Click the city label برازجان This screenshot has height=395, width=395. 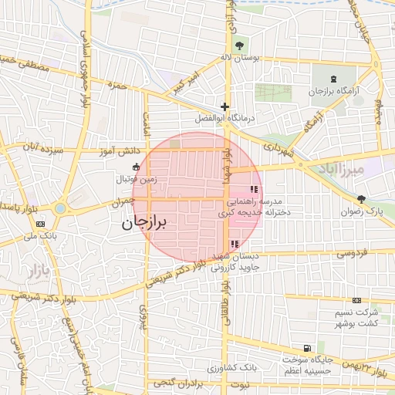point(144,224)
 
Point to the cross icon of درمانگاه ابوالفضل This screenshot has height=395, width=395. point(225,106)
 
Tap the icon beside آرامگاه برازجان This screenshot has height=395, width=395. point(333,79)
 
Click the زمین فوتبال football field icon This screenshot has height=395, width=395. point(137,167)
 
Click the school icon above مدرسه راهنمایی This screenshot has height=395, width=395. point(253,189)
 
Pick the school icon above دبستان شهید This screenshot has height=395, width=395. point(234,245)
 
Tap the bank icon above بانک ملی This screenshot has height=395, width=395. point(40,224)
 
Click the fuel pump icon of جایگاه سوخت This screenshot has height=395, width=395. point(308,349)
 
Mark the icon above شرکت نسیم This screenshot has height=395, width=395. point(356,300)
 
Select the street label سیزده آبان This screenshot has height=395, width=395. point(40,145)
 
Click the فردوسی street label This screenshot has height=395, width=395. point(349,253)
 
